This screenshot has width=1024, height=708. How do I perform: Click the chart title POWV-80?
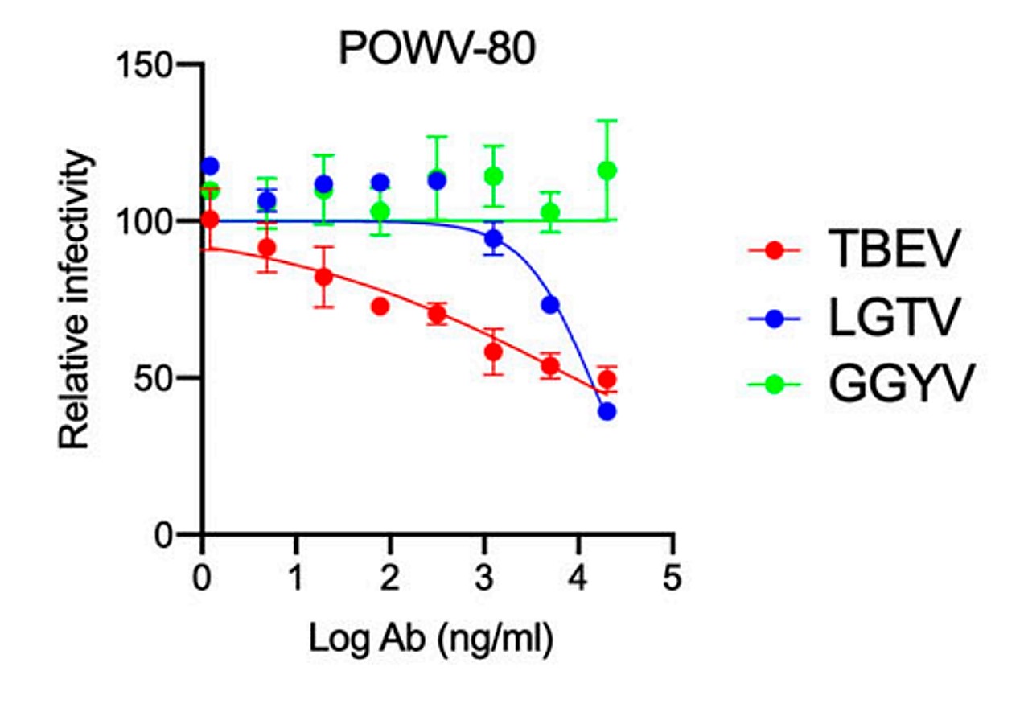pyautogui.click(x=436, y=50)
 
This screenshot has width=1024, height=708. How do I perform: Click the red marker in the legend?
pyautogui.click(x=774, y=251)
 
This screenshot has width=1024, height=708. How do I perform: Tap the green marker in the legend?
pyautogui.click(x=774, y=385)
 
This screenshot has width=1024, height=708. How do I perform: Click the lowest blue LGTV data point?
pyautogui.click(x=607, y=411)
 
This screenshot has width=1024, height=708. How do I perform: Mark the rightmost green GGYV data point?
pyautogui.click(x=607, y=171)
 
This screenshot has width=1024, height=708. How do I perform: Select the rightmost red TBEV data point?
pyautogui.click(x=607, y=379)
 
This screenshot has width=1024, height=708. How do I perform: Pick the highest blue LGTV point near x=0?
pyautogui.click(x=210, y=167)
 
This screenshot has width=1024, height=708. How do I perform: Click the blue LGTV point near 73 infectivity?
pyautogui.click(x=550, y=305)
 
